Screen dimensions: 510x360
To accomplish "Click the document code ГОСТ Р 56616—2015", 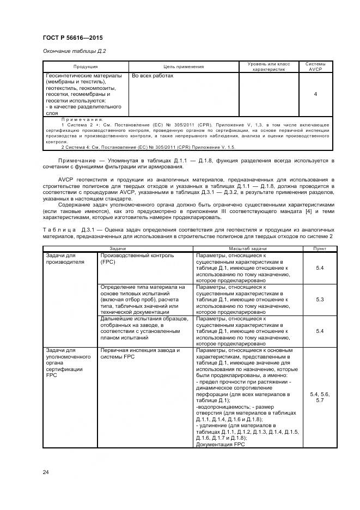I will (72, 38).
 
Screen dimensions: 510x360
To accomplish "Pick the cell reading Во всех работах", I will (152, 76).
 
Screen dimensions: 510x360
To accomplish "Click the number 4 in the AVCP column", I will (315, 94).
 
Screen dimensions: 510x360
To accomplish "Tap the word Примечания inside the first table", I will (82, 119).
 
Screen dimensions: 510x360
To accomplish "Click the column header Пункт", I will (320, 248).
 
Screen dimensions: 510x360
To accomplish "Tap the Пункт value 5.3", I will (320, 299).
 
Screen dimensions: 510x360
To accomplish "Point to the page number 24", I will (46, 471).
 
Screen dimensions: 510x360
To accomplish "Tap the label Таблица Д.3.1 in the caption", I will (61, 230).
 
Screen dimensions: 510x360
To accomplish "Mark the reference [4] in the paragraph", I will (308, 210).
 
